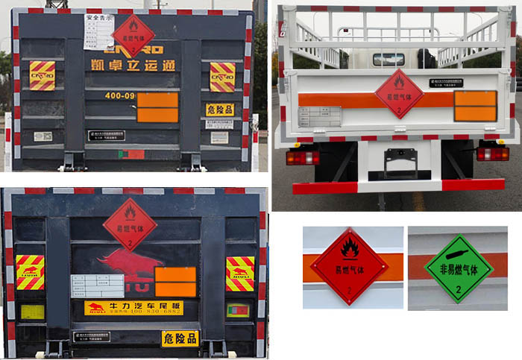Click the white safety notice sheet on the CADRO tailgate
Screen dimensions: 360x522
tap(100, 29)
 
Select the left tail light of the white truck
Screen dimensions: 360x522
tap(302, 157)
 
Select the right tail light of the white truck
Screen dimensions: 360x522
tap(492, 154)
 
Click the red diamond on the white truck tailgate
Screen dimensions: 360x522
tap(398, 93)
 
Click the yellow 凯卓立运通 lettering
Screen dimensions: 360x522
tap(133, 65)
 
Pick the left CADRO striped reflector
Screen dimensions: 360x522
tap(42, 75)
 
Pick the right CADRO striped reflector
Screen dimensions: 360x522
tap(222, 76)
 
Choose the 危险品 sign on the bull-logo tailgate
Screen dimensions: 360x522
tap(180, 338)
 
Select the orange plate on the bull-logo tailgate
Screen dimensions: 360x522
tap(175, 282)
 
